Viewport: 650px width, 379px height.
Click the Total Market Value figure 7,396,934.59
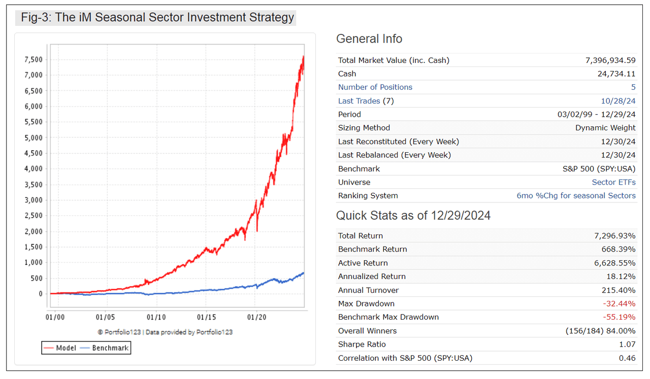tap(610, 60)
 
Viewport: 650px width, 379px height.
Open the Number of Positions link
tap(375, 87)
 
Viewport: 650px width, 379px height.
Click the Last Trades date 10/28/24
tap(623, 101)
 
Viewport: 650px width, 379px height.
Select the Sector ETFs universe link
tap(613, 182)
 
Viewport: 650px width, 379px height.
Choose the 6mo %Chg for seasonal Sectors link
tap(576, 196)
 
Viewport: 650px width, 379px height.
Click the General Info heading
tap(369, 39)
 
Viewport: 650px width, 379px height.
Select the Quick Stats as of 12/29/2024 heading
tap(413, 216)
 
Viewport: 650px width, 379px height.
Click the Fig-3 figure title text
tap(157, 18)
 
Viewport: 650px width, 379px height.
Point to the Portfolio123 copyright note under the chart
tap(165, 332)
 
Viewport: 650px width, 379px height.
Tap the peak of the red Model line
tap(303, 56)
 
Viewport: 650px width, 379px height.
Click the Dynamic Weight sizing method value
tap(605, 128)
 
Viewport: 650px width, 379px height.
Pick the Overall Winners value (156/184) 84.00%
tap(600, 331)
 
